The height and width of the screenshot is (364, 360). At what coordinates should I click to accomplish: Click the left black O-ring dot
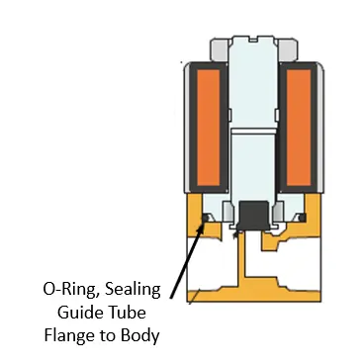point(205,217)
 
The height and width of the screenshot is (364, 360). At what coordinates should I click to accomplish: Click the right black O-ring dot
point(302,217)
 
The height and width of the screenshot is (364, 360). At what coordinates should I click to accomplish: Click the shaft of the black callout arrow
point(189,257)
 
